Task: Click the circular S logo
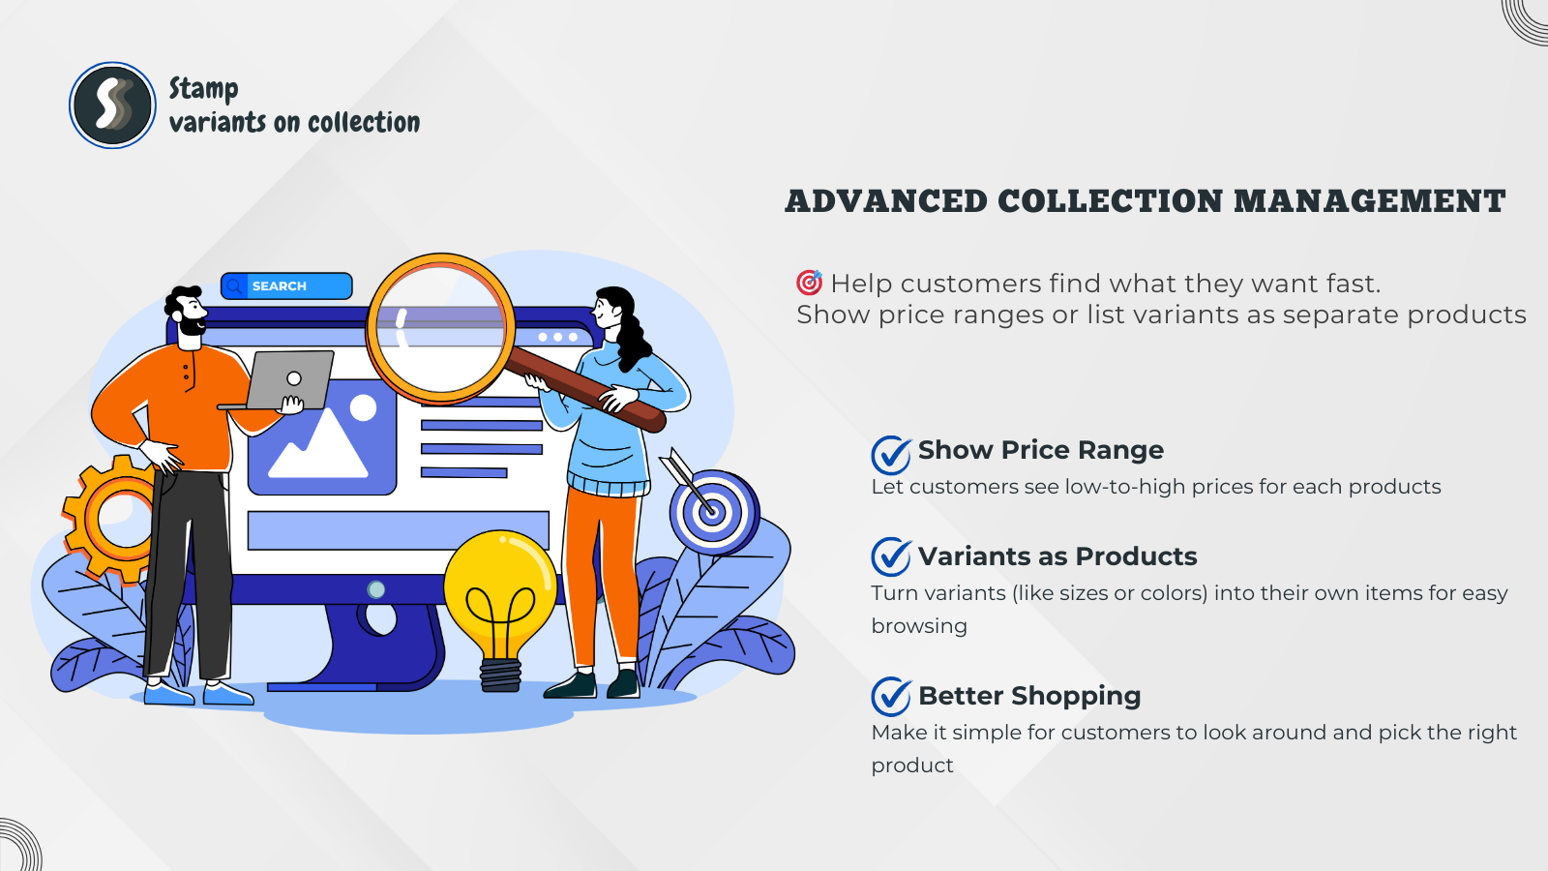(x=112, y=105)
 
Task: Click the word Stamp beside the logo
(x=204, y=89)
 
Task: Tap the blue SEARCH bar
(x=286, y=286)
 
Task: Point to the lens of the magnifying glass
(x=440, y=329)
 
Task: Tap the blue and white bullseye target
(x=713, y=512)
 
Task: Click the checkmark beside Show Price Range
(x=891, y=455)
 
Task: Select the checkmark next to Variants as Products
(x=891, y=557)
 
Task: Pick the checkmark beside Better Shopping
(x=891, y=697)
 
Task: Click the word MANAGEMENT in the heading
(x=1370, y=202)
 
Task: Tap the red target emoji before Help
(x=809, y=283)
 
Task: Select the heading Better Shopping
(x=1029, y=696)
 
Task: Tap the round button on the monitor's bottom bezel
(x=376, y=589)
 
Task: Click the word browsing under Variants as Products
(x=919, y=626)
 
